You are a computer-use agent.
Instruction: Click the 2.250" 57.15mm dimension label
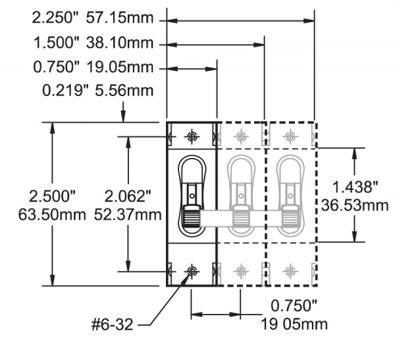[93, 18]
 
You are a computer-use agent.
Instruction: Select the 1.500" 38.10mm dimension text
[93, 43]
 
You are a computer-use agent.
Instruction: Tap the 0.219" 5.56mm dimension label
[97, 90]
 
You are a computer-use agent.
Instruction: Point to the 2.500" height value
[52, 196]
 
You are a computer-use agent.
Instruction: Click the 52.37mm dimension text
[128, 215]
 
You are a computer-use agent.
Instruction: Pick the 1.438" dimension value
[355, 187]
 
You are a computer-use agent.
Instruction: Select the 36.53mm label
[355, 205]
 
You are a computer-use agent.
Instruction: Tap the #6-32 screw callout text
[112, 324]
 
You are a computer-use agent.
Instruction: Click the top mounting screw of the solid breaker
[192, 136]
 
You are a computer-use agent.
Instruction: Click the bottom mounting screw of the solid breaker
[192, 272]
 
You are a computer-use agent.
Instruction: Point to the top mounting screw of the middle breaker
[241, 136]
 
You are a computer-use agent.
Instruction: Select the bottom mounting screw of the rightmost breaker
[290, 272]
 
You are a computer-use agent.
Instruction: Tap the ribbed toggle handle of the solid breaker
[192, 216]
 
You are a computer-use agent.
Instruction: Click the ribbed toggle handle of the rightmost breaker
[290, 216]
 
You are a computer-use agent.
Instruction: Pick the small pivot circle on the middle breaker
[241, 195]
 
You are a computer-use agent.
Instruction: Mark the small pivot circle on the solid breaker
[192, 195]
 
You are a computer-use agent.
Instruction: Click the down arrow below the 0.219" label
[123, 112]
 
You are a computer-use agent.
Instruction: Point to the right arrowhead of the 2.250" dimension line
[309, 21]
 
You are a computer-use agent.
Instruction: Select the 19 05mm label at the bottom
[294, 324]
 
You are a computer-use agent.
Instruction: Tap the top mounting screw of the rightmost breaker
[290, 136]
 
